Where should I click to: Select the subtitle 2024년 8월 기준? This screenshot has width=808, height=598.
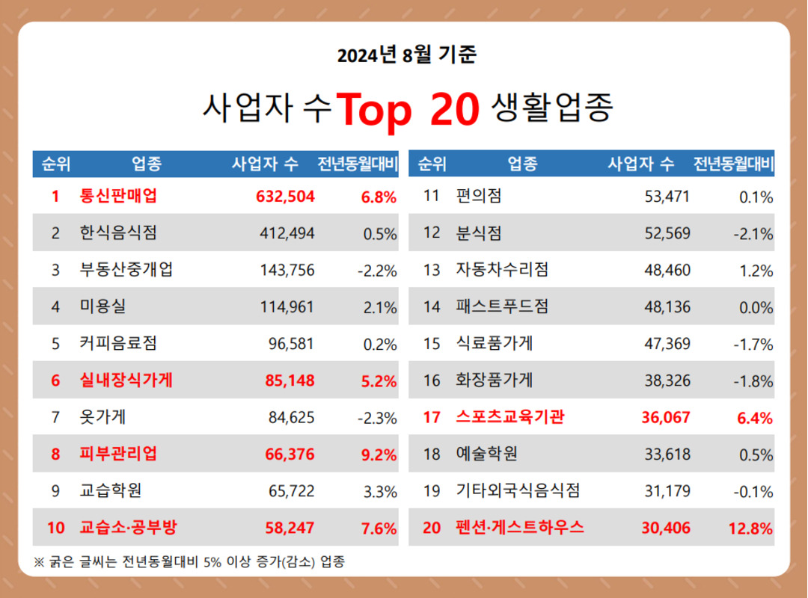406,55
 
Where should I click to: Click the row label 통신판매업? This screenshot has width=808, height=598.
118,197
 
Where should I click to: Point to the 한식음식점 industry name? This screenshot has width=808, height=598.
118,233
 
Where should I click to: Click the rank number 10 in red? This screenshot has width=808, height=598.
56,528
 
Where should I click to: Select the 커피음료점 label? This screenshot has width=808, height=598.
118,344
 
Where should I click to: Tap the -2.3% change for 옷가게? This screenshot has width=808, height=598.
377,418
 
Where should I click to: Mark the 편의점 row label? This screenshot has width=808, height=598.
479,197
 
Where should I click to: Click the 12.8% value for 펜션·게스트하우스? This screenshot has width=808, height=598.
750,528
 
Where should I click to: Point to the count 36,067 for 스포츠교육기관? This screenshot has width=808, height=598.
666,418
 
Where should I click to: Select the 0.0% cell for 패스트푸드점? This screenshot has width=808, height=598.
755,307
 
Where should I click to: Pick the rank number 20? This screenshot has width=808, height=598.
432,528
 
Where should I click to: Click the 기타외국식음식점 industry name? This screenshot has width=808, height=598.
518,491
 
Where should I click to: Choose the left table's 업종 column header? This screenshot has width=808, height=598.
147,164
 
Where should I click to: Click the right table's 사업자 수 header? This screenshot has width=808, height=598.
640,164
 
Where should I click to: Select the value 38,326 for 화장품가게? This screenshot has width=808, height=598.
667,380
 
